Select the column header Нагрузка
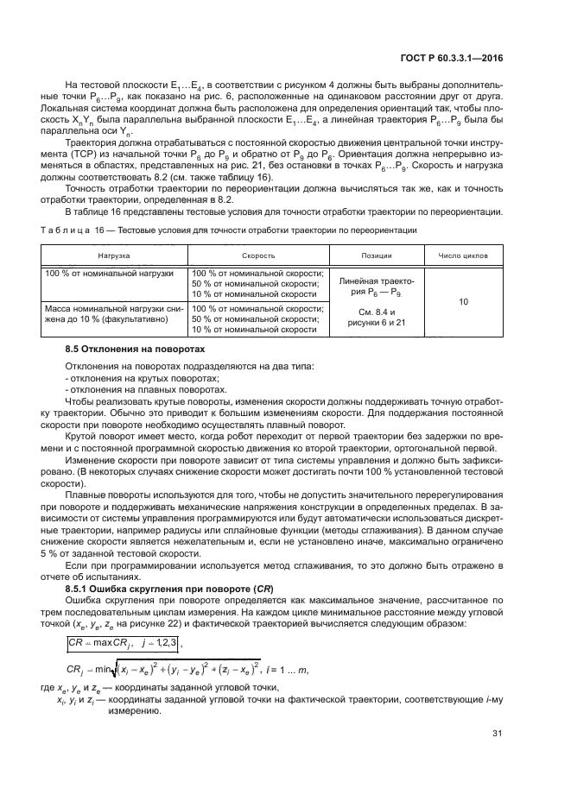pyautogui.click(x=114, y=256)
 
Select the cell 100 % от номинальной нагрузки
pyautogui.click(x=108, y=274)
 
